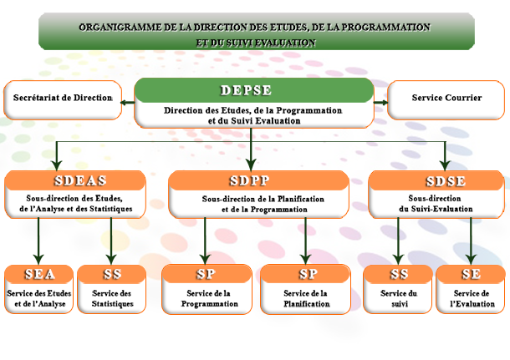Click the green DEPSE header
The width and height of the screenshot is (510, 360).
point(253,89)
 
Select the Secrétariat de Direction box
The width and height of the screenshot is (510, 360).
point(63,99)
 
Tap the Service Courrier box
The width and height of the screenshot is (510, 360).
point(447,99)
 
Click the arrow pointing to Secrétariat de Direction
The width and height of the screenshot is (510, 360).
point(127,103)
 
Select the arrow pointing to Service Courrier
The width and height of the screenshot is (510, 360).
point(381,103)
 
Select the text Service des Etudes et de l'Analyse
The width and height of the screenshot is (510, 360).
point(38,298)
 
